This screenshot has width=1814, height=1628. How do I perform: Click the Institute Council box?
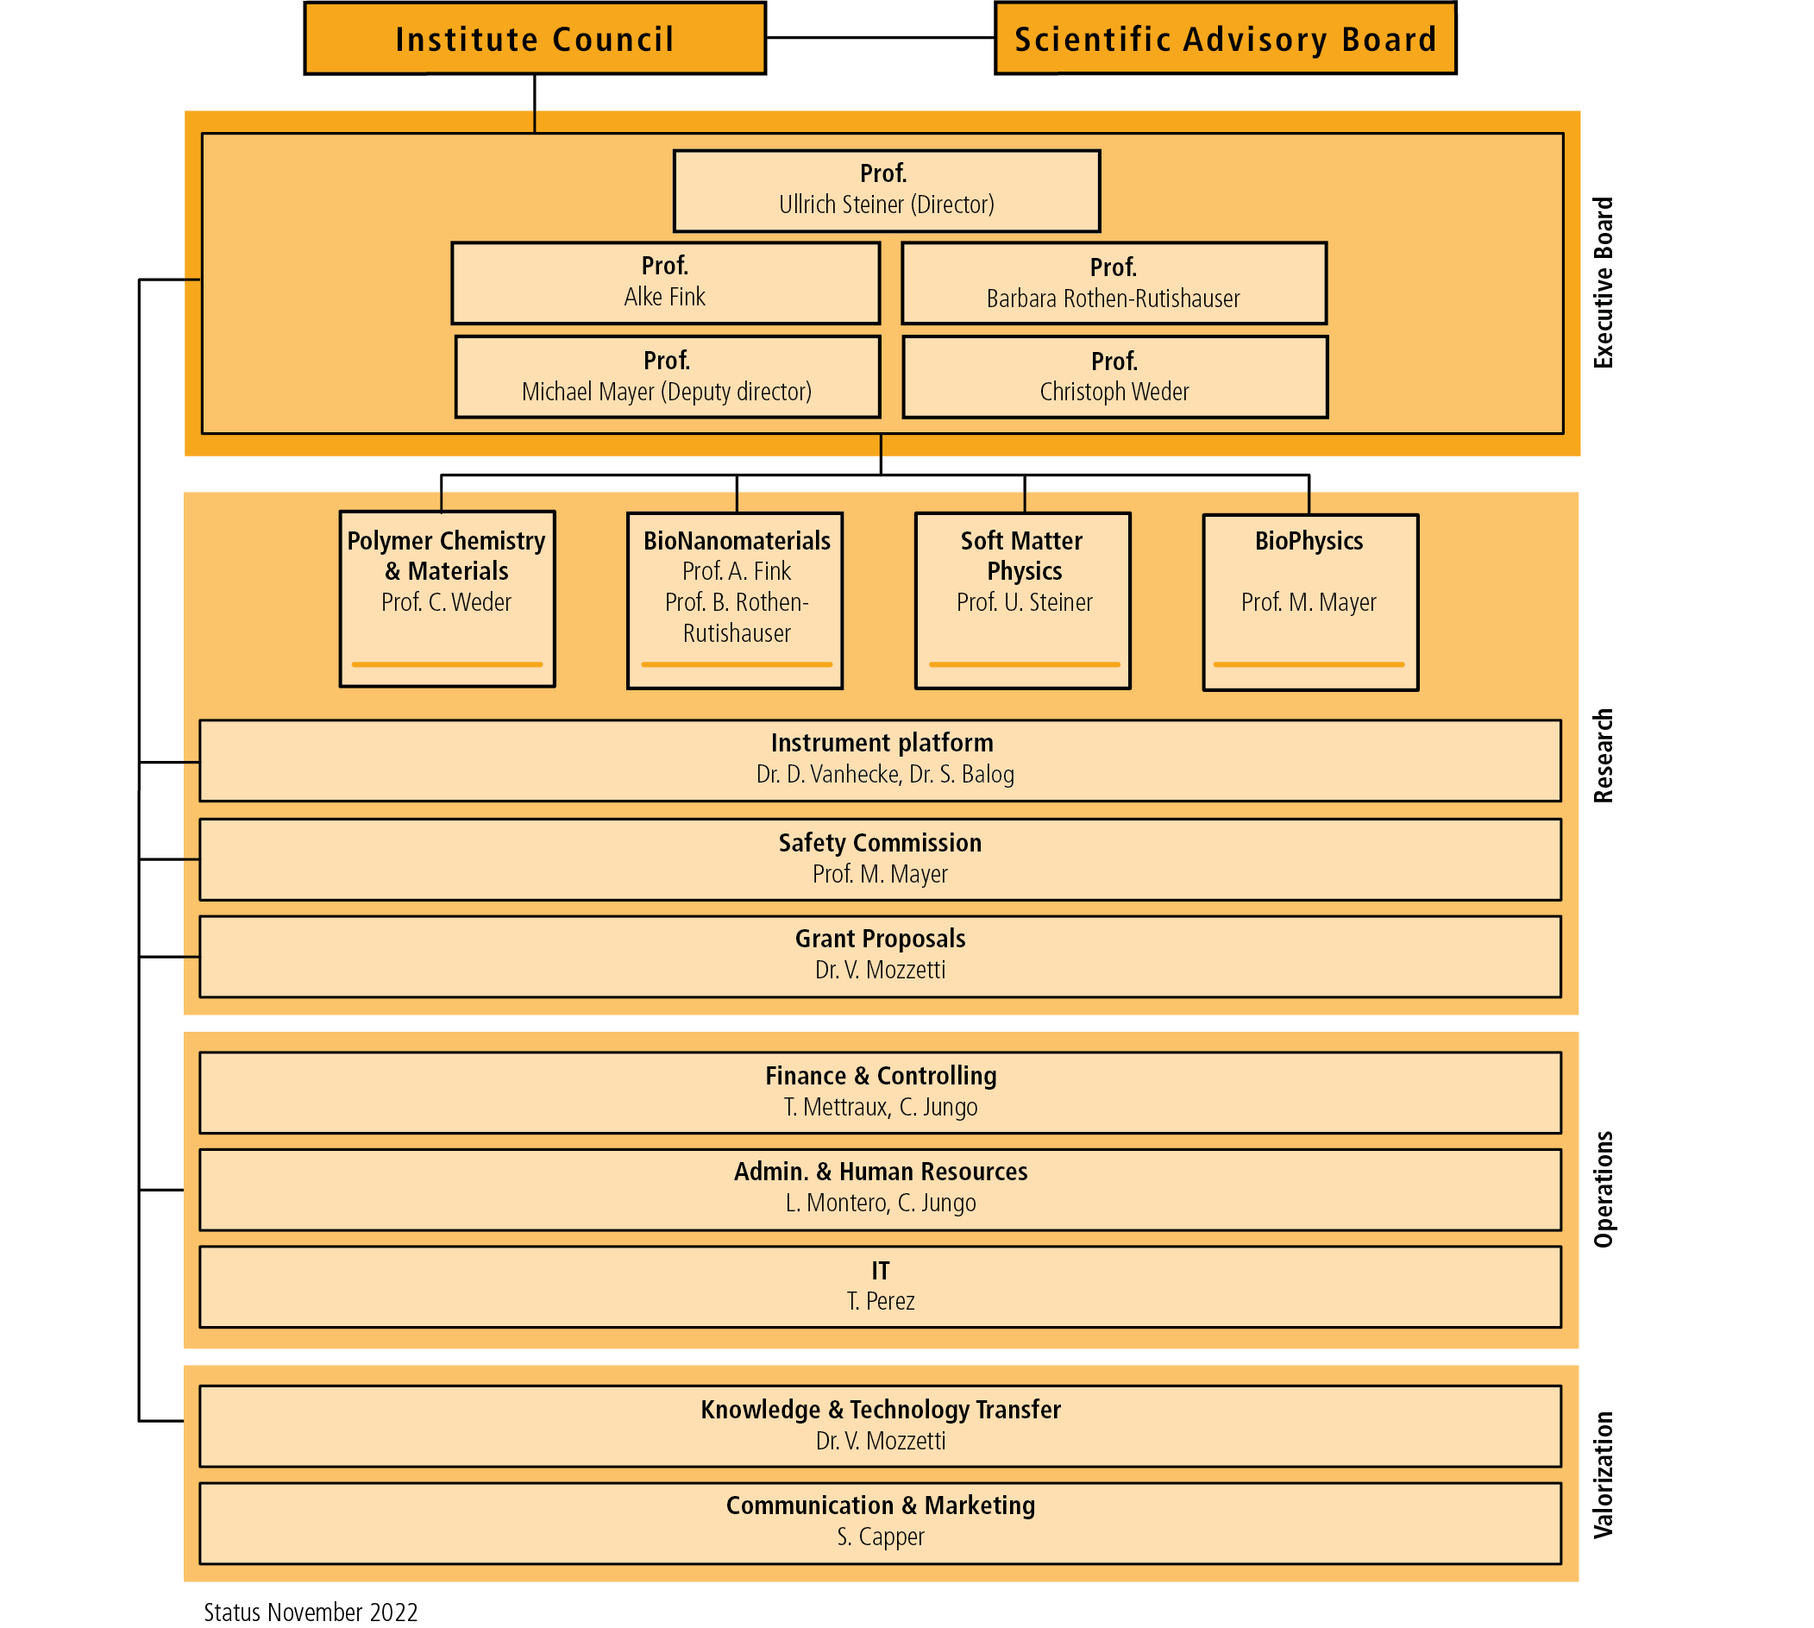(535, 39)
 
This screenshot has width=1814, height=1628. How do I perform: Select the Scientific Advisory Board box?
(1226, 39)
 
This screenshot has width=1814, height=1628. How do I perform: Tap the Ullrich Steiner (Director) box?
(887, 191)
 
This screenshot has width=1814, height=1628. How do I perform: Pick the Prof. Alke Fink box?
(666, 283)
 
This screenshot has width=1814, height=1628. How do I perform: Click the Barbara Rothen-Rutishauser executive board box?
(1114, 283)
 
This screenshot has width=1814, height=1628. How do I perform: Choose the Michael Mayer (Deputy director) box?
(668, 376)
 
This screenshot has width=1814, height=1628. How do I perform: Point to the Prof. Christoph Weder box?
(1114, 376)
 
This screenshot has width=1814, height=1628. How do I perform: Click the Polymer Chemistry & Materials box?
(447, 599)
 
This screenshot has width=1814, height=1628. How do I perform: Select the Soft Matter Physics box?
(1022, 600)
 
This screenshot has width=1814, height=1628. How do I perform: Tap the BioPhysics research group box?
(1310, 602)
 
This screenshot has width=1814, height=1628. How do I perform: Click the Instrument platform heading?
(882, 743)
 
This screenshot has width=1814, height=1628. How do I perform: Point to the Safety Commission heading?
(880, 843)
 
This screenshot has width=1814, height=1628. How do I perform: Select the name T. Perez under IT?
(881, 1301)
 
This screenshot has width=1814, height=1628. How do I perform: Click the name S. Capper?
(881, 1536)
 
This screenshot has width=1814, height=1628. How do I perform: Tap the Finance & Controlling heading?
(881, 1075)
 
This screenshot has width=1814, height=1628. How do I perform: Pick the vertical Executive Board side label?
(1604, 283)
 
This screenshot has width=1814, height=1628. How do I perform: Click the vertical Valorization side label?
(1604, 1475)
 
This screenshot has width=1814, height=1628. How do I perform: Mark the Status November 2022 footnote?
(311, 1612)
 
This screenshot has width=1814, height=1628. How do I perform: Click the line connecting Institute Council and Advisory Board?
(881, 38)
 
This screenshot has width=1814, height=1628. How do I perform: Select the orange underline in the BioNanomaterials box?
(736, 664)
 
